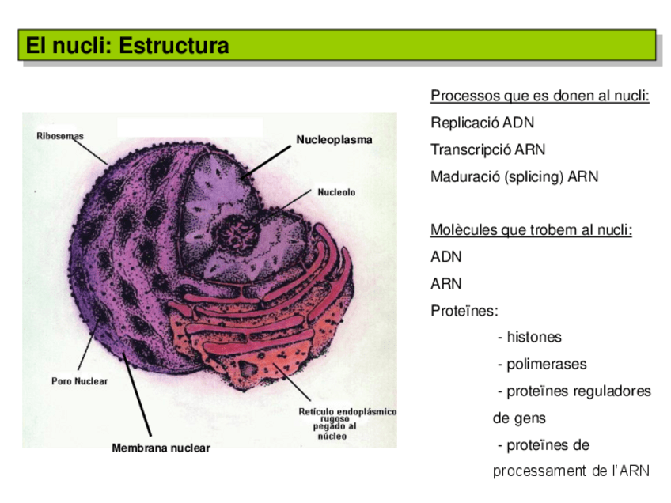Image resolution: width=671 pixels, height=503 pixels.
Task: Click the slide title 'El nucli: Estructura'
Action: point(127,46)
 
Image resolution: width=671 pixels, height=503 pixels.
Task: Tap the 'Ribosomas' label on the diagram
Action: point(60,136)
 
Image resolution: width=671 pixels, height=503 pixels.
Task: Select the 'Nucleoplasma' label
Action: point(334,140)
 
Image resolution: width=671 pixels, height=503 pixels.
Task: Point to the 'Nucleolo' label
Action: point(336,192)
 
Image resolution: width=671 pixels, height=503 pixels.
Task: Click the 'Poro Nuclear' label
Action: point(79,381)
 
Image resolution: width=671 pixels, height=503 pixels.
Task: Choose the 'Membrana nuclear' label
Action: point(161,448)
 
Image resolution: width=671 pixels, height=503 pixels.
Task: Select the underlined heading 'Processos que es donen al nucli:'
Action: point(540,96)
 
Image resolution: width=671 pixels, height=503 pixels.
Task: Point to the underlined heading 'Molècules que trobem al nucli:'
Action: point(531,230)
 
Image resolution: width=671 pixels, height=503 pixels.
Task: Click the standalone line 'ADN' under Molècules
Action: point(445,257)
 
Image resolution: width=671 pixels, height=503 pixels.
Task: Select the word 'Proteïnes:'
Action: point(464,311)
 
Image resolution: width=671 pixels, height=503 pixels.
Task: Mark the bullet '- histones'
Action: point(529,338)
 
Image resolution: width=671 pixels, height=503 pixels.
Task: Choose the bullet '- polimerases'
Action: point(542,365)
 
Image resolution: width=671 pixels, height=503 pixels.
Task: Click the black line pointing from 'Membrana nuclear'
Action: point(136,392)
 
